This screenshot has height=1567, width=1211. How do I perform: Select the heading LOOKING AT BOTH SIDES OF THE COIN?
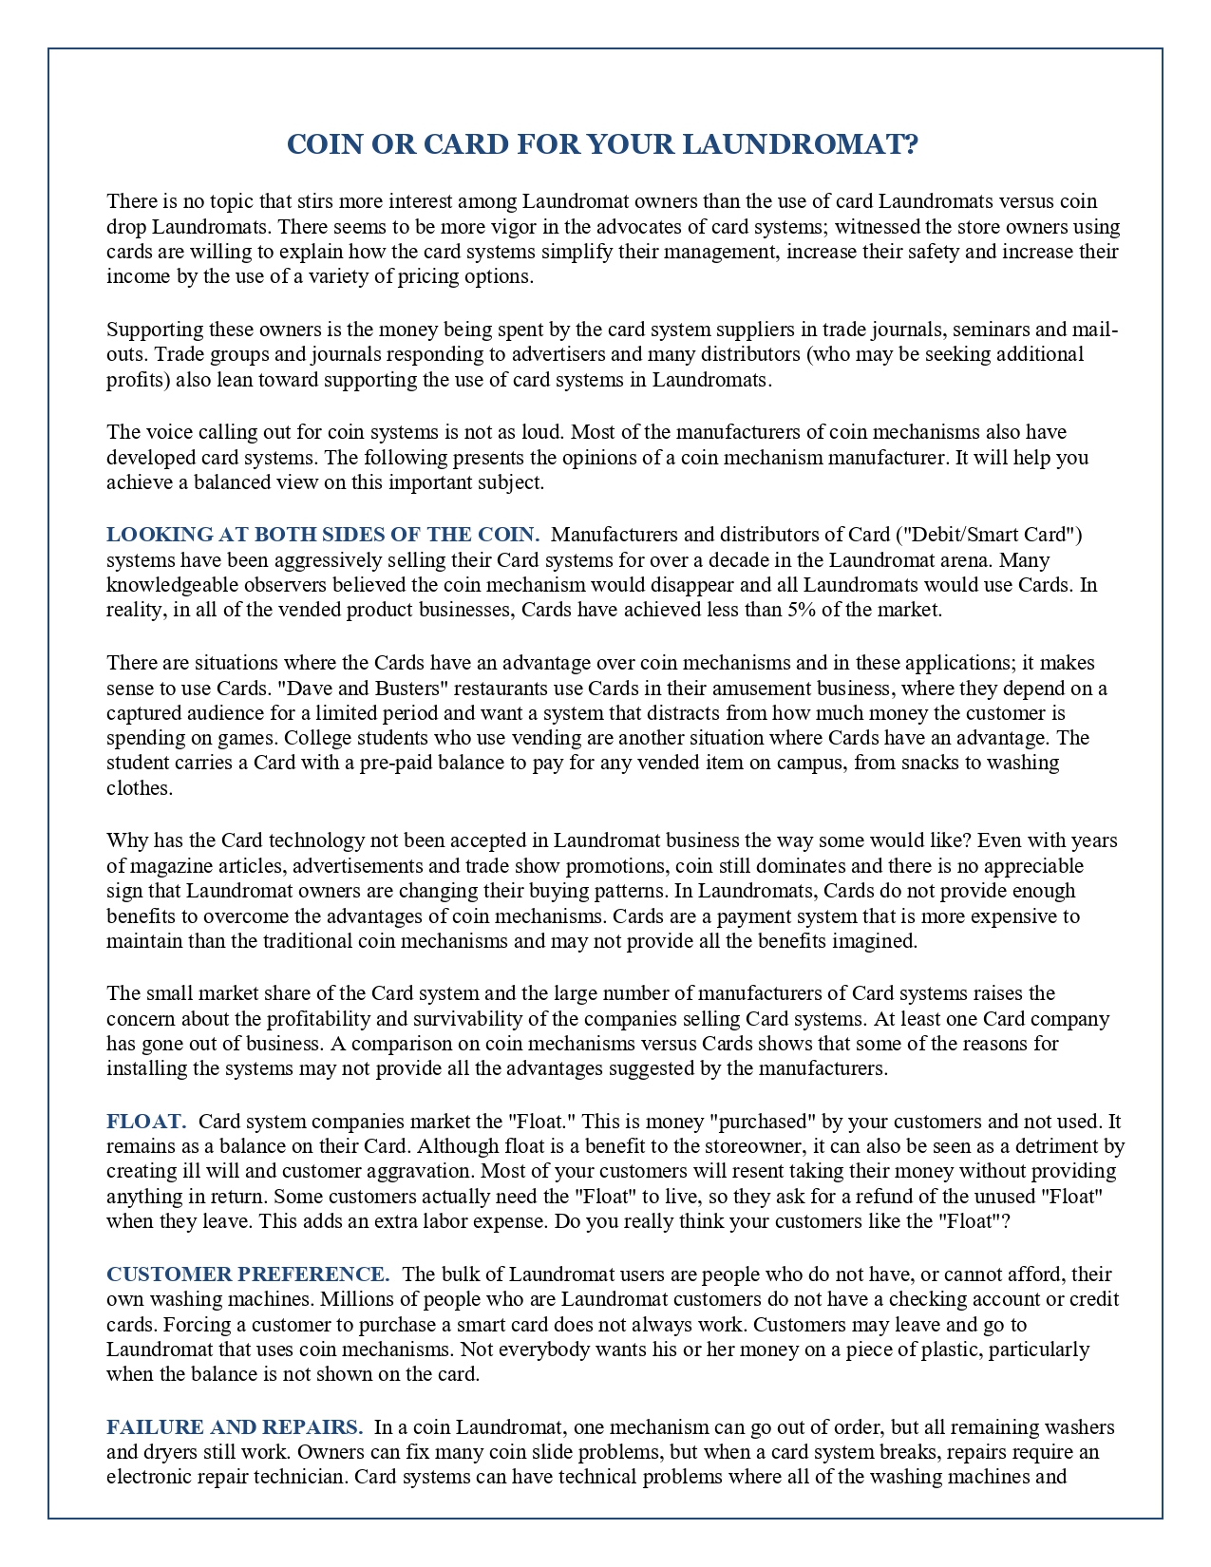tap(323, 535)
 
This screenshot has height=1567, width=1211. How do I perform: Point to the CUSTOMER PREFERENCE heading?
tap(248, 1274)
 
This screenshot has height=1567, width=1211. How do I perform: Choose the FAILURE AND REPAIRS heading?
tap(235, 1427)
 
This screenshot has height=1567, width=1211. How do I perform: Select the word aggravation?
tap(416, 1171)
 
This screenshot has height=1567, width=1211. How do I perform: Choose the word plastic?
tap(952, 1350)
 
